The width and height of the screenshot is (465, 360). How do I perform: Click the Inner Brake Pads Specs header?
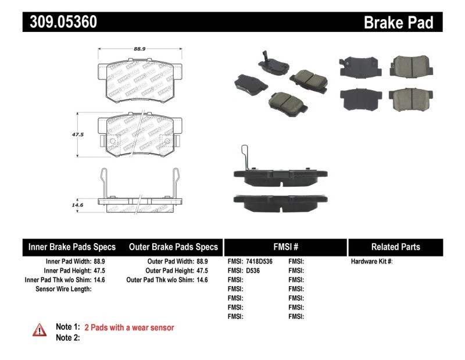point(72,247)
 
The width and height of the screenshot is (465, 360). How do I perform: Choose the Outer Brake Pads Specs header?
point(173,247)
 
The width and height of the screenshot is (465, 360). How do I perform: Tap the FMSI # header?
point(286,247)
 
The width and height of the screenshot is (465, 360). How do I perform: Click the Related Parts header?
point(396,247)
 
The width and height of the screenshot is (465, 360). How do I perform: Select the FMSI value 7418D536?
point(259,262)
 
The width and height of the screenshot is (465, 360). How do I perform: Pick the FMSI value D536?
point(253,270)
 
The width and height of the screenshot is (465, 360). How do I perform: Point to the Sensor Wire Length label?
point(63,288)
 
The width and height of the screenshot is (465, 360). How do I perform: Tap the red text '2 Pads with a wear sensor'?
point(129,327)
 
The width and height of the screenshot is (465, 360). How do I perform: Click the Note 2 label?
point(67,337)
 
